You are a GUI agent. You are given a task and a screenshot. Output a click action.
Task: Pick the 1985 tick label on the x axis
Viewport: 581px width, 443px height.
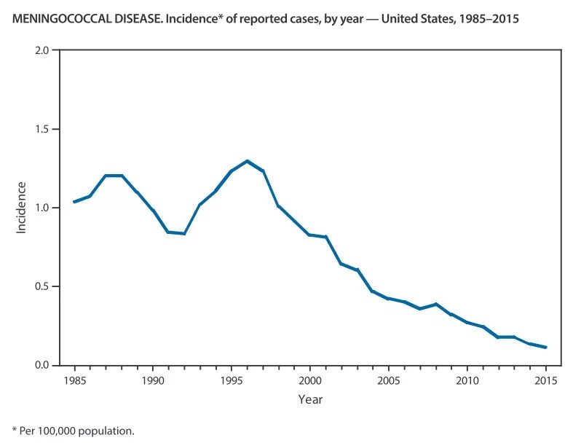coord(74,380)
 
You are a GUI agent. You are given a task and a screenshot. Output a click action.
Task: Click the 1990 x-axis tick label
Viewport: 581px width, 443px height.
coord(153,380)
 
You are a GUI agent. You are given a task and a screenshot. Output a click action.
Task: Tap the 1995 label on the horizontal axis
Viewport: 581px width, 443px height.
coord(231,380)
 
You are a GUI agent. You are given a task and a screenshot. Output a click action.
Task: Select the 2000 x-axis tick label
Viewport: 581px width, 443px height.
coord(309,380)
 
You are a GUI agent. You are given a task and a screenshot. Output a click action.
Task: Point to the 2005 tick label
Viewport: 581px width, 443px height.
coord(388,380)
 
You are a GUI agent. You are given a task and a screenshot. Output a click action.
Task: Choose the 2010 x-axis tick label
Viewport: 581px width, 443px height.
coord(467,380)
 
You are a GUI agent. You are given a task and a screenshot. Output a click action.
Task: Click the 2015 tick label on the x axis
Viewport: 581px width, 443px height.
coord(545,380)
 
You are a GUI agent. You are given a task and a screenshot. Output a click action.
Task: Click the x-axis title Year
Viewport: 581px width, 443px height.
coord(309,399)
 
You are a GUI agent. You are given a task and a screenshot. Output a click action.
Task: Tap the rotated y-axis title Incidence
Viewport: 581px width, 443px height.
coord(21,208)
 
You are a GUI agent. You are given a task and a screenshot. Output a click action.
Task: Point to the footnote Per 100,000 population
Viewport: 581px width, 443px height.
coord(77,431)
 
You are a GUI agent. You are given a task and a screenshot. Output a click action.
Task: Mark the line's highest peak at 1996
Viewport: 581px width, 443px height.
coord(247,160)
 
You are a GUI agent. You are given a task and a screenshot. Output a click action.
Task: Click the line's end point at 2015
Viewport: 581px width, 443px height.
coord(545,348)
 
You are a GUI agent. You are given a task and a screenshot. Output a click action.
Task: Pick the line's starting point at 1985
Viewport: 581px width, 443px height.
coord(74,202)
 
